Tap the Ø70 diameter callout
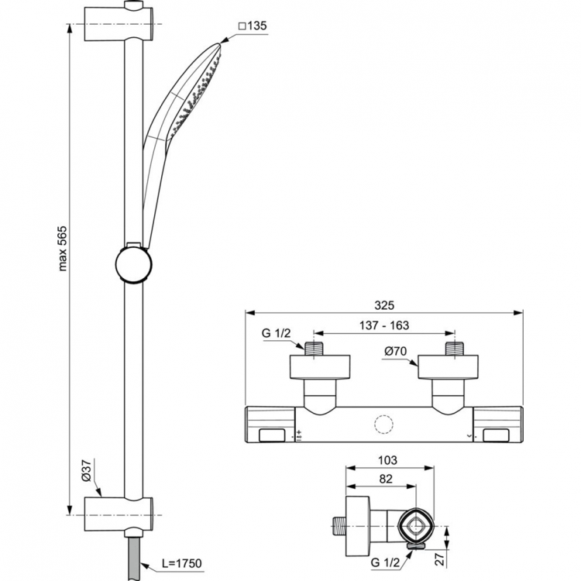click(396, 352)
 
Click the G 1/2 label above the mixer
click(276, 335)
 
